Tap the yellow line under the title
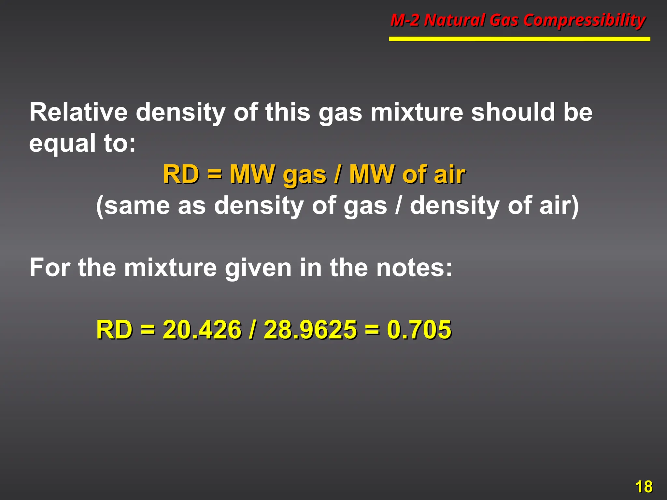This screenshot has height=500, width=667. [x=519, y=39]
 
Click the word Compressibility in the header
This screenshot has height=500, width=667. [x=584, y=21]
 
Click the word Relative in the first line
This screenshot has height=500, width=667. [x=78, y=112]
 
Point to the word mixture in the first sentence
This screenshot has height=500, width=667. [x=417, y=112]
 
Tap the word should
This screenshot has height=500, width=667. [x=513, y=112]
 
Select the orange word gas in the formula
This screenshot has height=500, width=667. [x=304, y=175]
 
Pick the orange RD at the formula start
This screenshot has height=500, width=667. [x=181, y=174]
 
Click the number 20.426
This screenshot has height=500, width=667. [x=202, y=330]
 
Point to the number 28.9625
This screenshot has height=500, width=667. [x=310, y=330]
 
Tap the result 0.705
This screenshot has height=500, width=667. [x=419, y=330]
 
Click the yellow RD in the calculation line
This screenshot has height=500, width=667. [x=114, y=330]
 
